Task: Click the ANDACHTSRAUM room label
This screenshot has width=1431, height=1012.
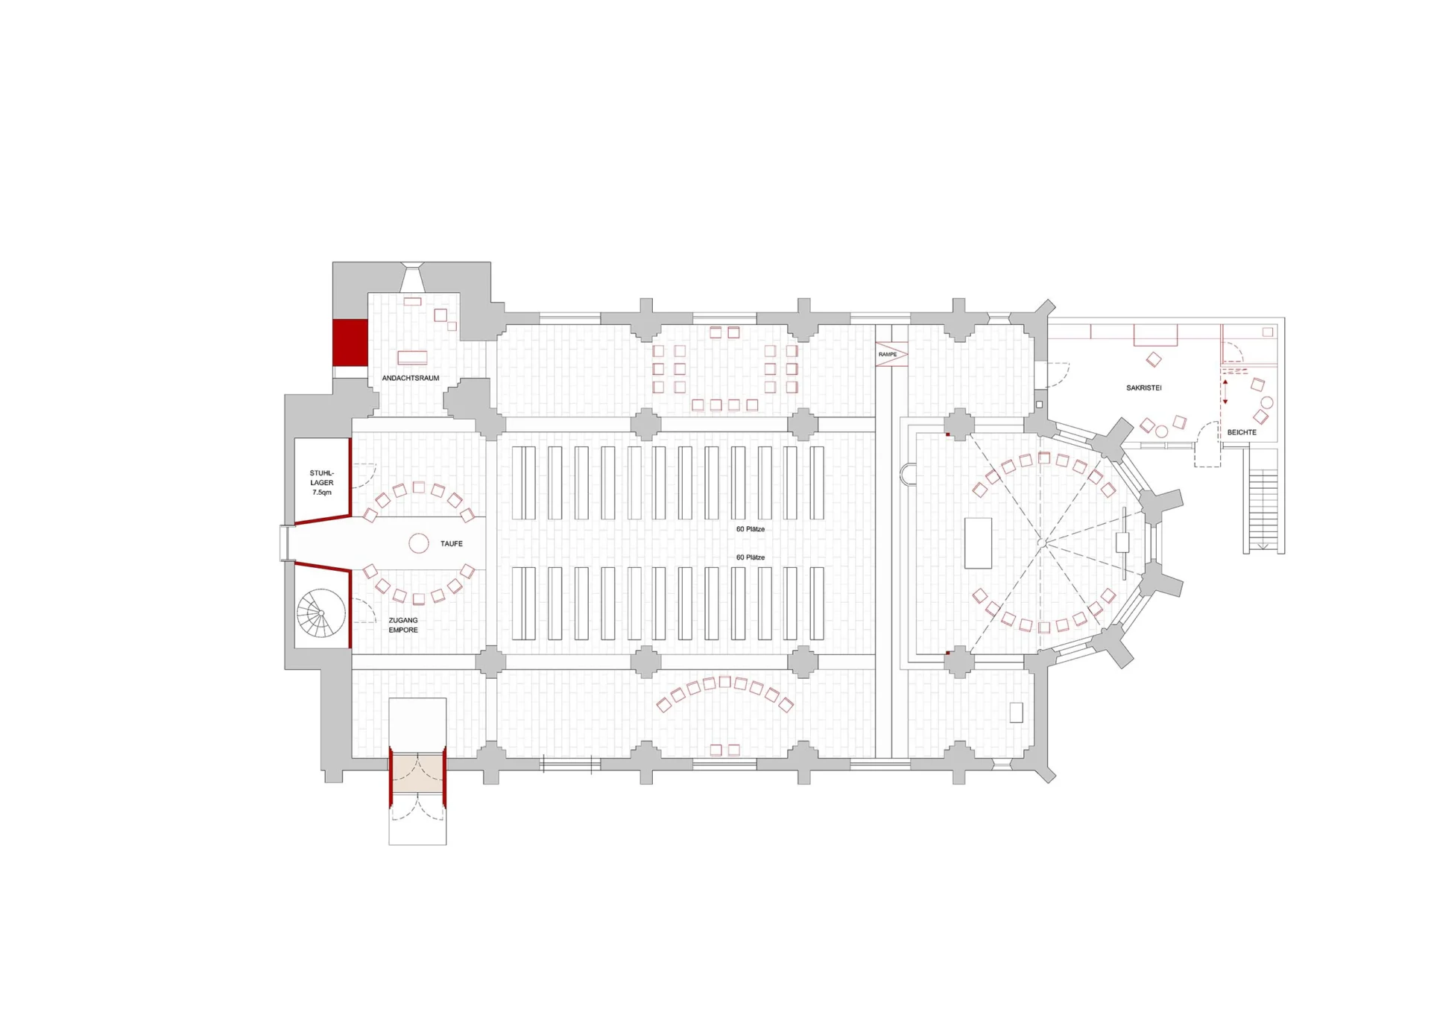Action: coord(411,378)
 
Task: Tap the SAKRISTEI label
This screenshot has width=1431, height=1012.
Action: coord(1143,388)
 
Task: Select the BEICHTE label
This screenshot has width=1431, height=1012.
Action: coord(1242,432)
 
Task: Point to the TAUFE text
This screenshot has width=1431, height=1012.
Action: coord(451,544)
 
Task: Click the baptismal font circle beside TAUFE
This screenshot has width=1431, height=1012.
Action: coord(419,543)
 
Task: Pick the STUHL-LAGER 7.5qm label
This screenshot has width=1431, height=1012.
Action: coord(322,483)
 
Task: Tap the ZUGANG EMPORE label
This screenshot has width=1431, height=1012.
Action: coord(403,625)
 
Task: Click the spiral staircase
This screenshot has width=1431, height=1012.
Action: coord(321,613)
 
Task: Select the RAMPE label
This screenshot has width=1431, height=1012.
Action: coord(887,354)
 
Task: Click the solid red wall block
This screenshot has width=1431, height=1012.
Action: coord(350,343)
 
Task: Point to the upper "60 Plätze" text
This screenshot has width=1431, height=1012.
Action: coord(751,529)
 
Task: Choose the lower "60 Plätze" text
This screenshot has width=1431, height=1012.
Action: coord(751,557)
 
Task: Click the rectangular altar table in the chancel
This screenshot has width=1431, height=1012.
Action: coord(978,543)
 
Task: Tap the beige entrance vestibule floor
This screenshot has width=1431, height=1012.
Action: coord(417,773)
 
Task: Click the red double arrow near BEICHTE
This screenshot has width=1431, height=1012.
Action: coord(1225,392)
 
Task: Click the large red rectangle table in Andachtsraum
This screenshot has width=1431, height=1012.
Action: coord(412,358)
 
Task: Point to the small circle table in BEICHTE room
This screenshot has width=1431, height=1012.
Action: coord(1266,403)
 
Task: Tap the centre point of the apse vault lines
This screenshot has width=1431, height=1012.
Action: coord(1044,544)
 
